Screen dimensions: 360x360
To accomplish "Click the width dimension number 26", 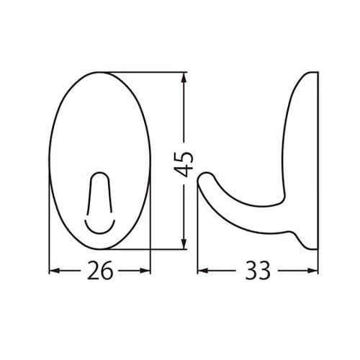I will (x=100, y=271).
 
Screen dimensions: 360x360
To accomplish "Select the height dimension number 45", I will (x=185, y=163).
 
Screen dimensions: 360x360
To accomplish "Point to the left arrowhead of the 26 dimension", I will (x=53, y=271).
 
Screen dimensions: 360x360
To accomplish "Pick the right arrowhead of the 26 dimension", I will (x=148, y=271).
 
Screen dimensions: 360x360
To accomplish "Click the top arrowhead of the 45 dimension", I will (x=186, y=76).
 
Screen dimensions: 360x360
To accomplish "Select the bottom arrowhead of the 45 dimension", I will (x=186, y=244).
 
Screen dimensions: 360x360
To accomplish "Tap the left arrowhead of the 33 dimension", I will (x=202, y=271).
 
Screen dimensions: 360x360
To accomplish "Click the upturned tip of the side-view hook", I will (x=205, y=176).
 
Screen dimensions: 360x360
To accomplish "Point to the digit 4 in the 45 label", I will (x=185, y=171).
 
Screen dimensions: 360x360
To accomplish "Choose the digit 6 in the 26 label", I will (x=108, y=271).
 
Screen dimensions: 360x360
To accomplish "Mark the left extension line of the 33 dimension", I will (x=197, y=245).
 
